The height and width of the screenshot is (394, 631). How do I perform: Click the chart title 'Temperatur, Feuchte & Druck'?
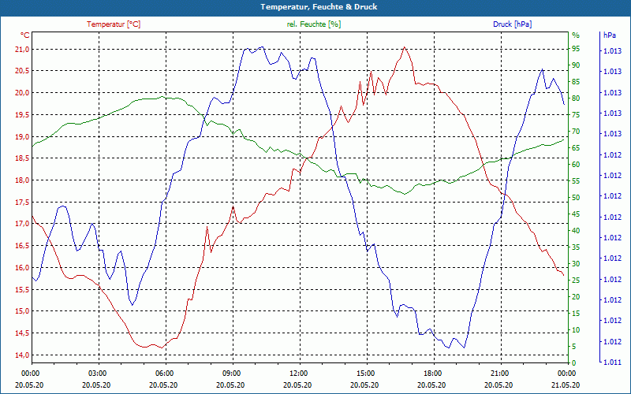[x=315, y=7]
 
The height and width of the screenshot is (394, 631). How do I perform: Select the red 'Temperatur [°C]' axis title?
[x=114, y=24]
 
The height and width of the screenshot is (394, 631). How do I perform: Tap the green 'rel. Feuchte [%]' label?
[x=314, y=24]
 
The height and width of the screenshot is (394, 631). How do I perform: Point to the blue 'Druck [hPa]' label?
[x=512, y=24]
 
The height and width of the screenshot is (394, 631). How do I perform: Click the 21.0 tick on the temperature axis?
[x=21, y=49]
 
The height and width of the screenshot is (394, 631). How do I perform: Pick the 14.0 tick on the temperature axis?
[x=21, y=355]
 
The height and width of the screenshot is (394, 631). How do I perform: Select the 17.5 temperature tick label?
[x=21, y=202]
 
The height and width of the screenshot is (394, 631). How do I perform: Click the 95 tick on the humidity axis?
[x=575, y=48]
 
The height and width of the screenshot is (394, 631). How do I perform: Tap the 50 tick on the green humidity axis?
[x=575, y=197]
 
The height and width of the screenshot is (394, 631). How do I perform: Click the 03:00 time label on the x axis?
[x=98, y=373]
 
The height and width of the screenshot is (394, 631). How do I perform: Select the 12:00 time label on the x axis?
[x=299, y=373]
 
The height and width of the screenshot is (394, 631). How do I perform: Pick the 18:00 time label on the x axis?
[x=432, y=373]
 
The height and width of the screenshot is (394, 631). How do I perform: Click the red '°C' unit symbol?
[x=24, y=35]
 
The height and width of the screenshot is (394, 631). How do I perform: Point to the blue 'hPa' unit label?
[x=609, y=35]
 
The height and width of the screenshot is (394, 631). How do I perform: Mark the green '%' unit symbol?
[x=575, y=35]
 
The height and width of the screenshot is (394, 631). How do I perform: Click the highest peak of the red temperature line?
[x=405, y=47]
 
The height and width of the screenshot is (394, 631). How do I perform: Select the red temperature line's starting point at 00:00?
[x=32, y=215]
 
